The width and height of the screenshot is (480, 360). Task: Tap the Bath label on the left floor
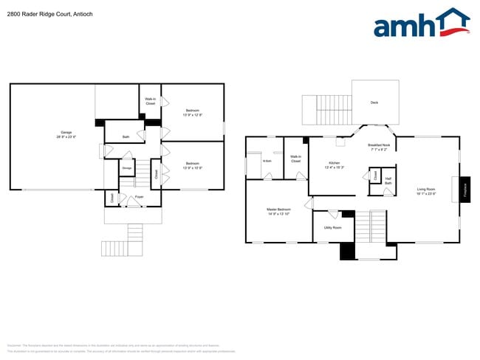(x=126, y=136)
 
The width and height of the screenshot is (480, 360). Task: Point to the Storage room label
(x=126, y=168)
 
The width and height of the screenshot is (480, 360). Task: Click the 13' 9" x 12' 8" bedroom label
(x=192, y=113)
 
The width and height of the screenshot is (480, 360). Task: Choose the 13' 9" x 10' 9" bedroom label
(x=192, y=165)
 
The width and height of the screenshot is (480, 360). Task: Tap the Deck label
(x=374, y=103)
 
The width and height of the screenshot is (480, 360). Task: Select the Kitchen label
(x=334, y=165)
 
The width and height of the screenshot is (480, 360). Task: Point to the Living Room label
(x=426, y=191)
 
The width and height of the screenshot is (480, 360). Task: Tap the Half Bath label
(x=388, y=181)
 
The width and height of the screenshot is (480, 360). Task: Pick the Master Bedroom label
(x=278, y=211)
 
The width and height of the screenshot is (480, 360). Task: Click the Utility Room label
(x=332, y=227)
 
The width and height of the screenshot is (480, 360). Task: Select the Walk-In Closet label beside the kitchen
(x=295, y=158)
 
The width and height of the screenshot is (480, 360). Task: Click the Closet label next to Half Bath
(x=375, y=176)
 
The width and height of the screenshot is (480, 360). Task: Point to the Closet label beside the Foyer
(x=112, y=198)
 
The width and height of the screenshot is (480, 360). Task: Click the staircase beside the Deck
(x=325, y=111)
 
